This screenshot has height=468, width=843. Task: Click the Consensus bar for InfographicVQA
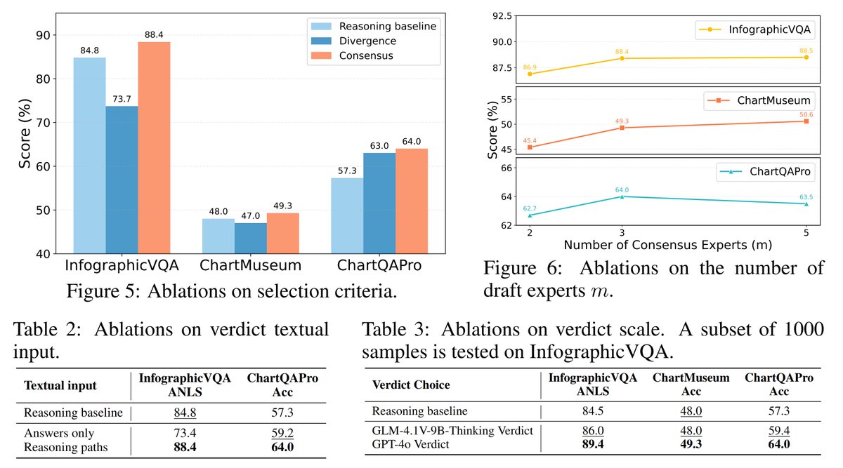154,147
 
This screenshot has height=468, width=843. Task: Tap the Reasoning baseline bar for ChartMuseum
218,236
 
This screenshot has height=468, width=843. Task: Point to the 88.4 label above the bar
154,35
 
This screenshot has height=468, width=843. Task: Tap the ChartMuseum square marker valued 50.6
806,121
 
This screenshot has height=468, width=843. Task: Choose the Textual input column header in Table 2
60,385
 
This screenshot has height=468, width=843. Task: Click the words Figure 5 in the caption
113,290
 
